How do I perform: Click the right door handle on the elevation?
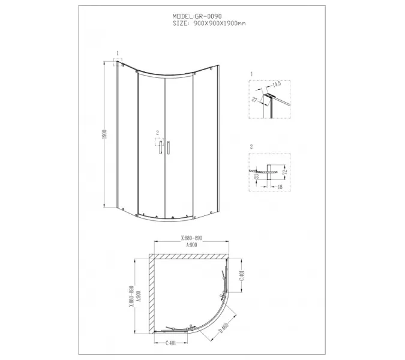pos(170,148)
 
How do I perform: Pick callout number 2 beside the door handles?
pos(157,133)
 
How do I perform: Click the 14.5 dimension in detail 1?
pos(276,87)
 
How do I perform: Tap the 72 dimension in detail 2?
pos(285,172)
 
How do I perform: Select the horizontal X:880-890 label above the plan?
pos(191,238)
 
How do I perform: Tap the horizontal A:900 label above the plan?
pos(191,245)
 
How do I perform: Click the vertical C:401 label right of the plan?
pos(241,277)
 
